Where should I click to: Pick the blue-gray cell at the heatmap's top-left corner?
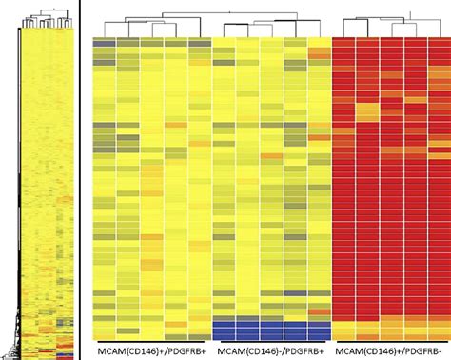click(105, 43)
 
